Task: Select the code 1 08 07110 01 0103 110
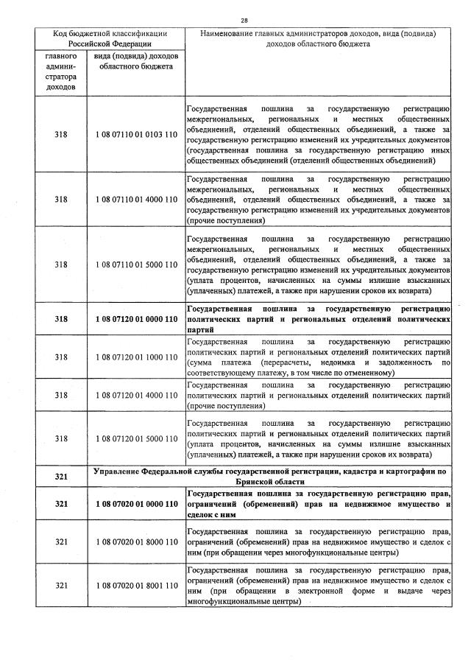[136, 135]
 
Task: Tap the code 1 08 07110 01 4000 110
[136, 200]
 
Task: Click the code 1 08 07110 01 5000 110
[136, 264]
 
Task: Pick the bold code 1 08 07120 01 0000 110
[136, 319]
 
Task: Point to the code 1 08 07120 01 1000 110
[136, 357]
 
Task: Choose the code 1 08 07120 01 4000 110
[136, 396]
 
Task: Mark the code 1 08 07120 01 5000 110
[136, 438]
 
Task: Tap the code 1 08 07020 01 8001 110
[136, 585]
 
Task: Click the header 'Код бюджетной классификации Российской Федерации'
[110, 38]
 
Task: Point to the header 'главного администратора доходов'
[61, 71]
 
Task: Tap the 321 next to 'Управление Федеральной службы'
[61, 476]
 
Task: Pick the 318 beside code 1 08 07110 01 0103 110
[61, 135]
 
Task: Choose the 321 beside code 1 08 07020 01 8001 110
[61, 585]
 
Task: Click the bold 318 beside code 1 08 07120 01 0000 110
[61, 319]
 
